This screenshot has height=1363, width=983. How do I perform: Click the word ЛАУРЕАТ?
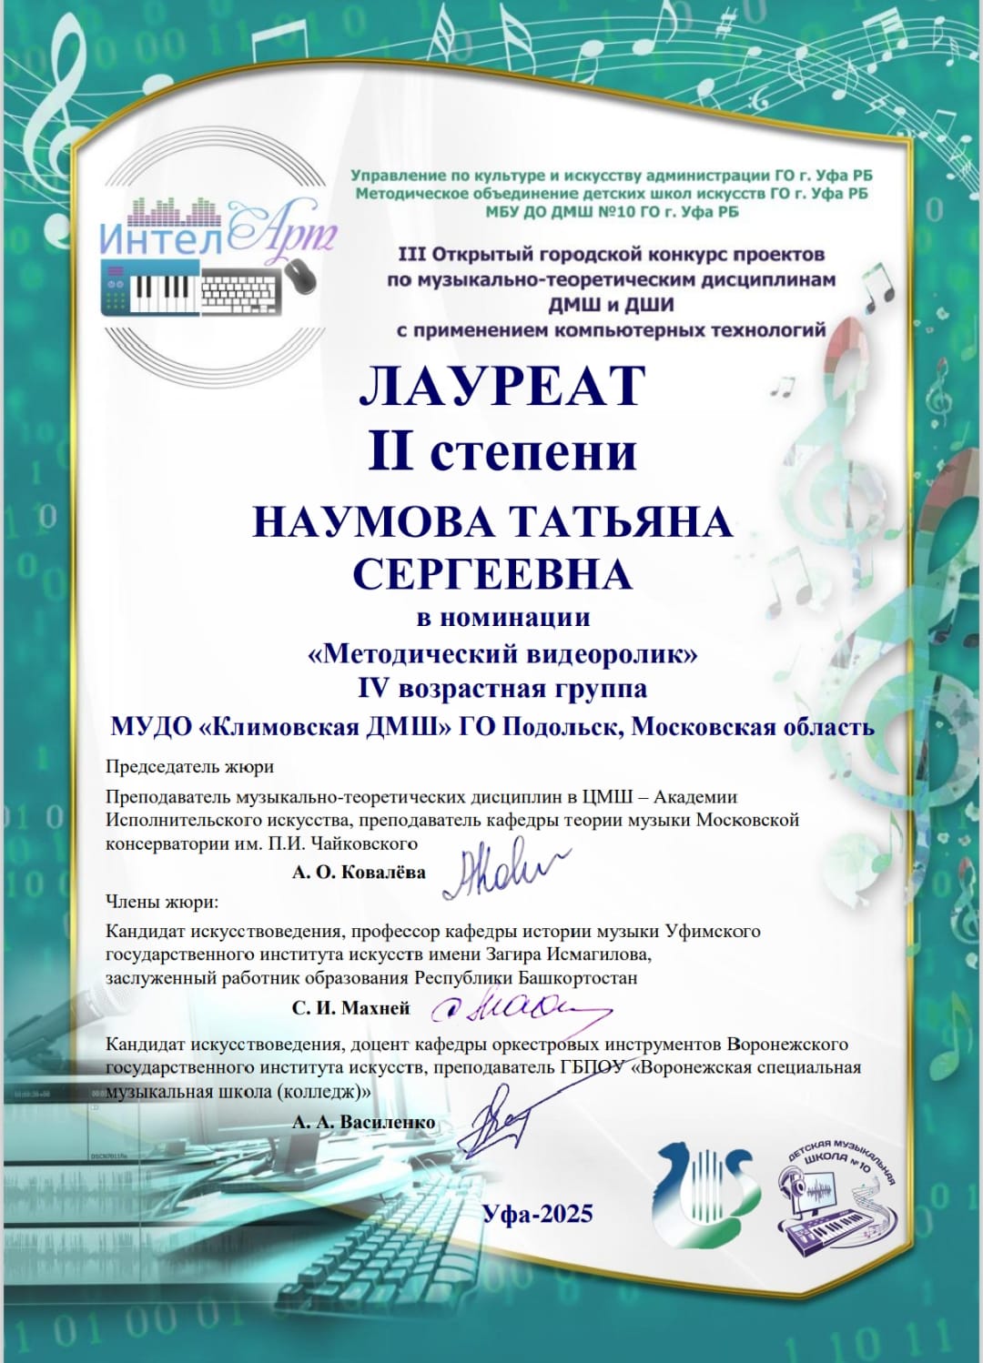[502, 386]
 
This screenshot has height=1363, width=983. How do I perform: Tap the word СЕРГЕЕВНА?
[491, 574]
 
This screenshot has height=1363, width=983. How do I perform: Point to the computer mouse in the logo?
[301, 275]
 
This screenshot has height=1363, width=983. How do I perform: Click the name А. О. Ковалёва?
[359, 873]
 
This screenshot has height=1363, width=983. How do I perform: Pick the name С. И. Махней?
[350, 1008]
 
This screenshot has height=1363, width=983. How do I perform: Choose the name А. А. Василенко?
[363, 1123]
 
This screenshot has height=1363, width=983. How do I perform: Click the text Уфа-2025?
[537, 1214]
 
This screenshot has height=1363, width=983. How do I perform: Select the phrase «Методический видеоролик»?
[502, 653]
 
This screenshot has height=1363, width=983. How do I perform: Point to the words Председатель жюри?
[189, 766]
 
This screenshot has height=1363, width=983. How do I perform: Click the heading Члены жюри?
[162, 902]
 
